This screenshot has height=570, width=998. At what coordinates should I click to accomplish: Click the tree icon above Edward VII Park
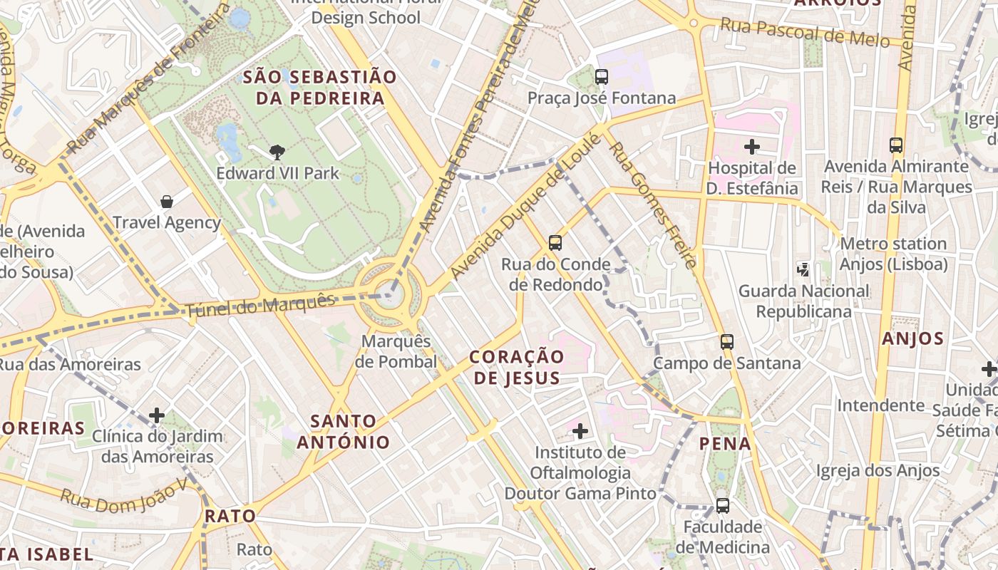click(x=277, y=152)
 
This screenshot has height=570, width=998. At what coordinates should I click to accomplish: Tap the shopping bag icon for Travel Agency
click(x=167, y=202)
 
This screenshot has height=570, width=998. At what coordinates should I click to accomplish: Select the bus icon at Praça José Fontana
click(x=602, y=76)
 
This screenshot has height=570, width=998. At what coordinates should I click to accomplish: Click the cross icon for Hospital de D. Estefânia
click(x=751, y=147)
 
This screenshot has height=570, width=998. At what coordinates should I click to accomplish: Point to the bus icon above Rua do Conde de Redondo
click(x=555, y=243)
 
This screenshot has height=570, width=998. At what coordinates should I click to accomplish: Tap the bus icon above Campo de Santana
click(x=726, y=341)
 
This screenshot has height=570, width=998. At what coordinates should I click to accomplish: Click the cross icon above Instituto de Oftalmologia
click(x=580, y=430)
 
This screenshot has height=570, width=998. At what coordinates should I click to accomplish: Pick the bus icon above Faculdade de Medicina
click(x=722, y=506)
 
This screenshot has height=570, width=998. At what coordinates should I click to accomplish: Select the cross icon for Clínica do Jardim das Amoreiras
click(x=157, y=415)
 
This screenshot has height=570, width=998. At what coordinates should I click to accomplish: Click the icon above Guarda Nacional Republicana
click(x=803, y=269)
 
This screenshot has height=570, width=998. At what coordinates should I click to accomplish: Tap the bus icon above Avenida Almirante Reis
click(x=896, y=145)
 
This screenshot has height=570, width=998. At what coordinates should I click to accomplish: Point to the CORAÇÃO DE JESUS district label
click(x=517, y=367)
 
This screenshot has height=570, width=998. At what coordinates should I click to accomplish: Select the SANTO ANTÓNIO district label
click(x=344, y=432)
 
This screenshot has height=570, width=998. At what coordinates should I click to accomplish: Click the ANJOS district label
click(x=912, y=339)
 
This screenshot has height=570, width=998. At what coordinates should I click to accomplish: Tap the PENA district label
click(x=725, y=444)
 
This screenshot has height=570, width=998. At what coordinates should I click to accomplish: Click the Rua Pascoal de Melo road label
click(x=805, y=32)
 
